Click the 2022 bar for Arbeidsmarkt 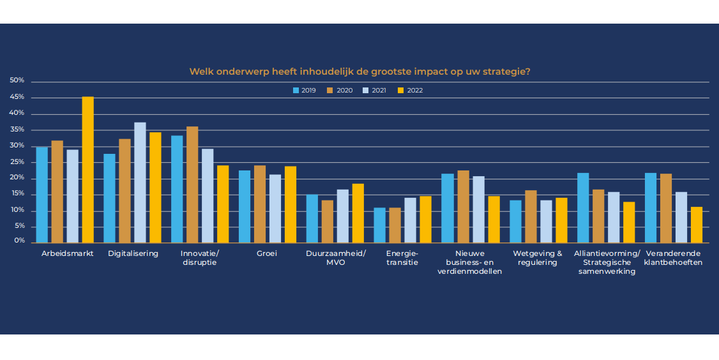(x=87, y=169)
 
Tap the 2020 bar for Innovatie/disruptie (x=192, y=184)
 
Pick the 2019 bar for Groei (x=245, y=206)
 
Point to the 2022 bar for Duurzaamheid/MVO (x=358, y=213)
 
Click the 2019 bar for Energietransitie (x=379, y=225)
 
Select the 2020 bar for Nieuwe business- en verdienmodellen (x=462, y=206)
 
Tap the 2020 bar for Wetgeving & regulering (x=531, y=216)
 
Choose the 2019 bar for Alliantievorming (x=583, y=207)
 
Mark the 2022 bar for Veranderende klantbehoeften (x=696, y=225)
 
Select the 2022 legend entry (x=410, y=91)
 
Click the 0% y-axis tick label (x=19, y=241)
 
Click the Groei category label (x=267, y=253)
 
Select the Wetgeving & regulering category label (x=538, y=258)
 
